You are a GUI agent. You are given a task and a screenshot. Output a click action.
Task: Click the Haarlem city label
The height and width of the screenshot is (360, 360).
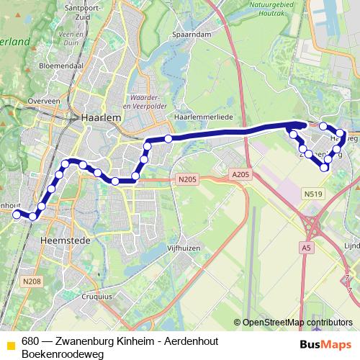point(100,117)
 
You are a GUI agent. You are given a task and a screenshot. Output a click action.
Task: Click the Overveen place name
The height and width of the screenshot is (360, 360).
point(42,102)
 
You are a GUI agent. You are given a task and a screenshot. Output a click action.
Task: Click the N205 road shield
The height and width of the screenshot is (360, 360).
point(186,179)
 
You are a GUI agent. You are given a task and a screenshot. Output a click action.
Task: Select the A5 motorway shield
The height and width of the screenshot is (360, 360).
point(307,247)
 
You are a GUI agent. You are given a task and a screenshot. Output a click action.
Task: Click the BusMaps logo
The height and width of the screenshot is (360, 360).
point(326,343)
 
